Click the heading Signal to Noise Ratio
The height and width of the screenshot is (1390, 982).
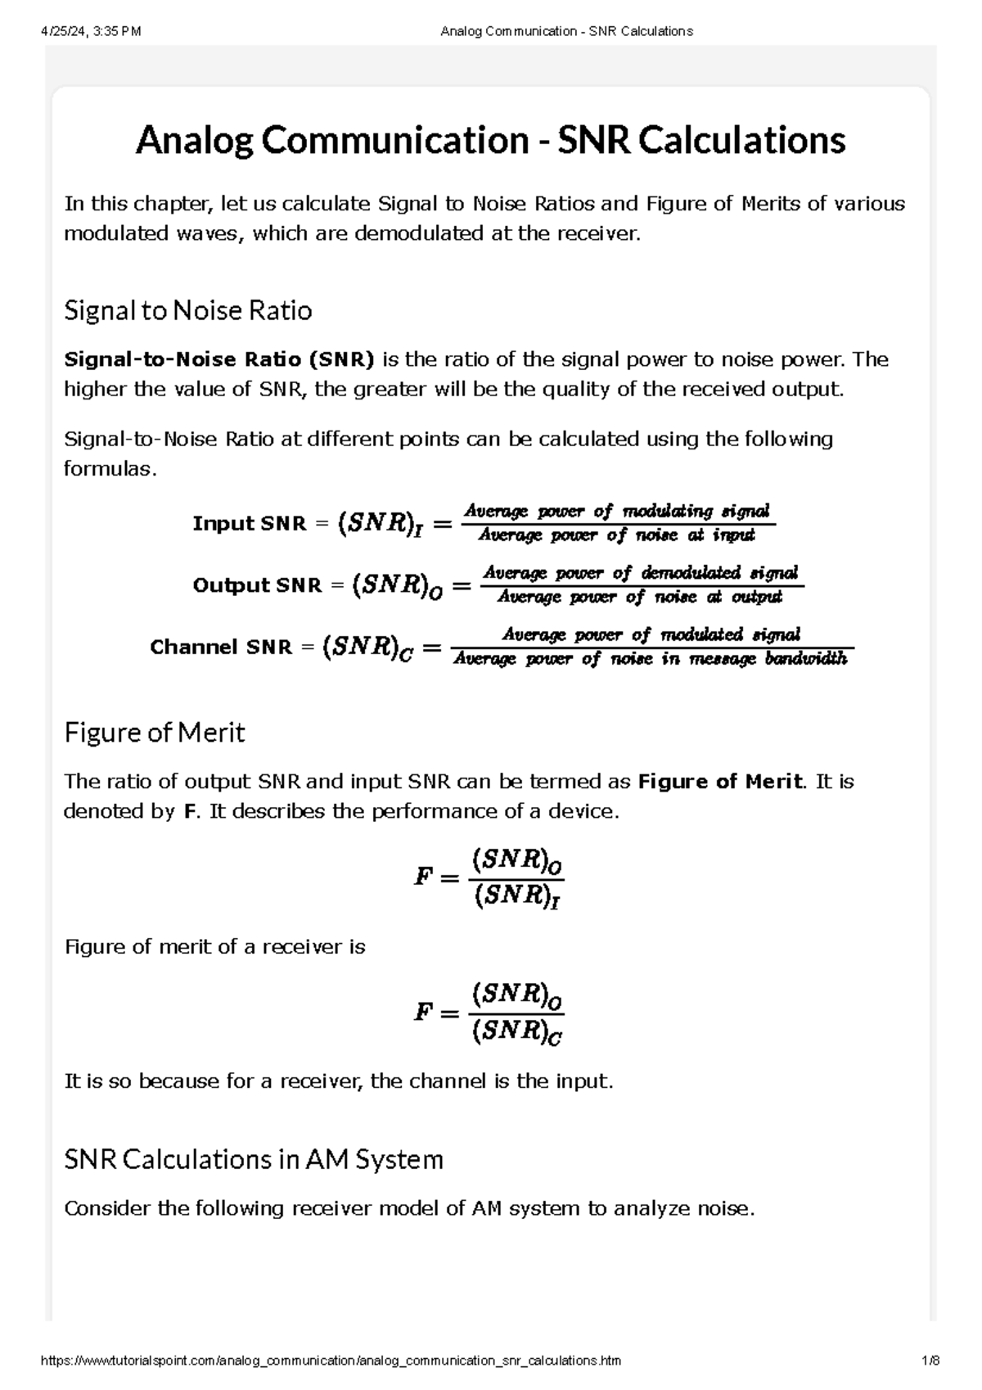click(x=187, y=311)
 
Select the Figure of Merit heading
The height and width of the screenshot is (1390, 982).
click(x=154, y=732)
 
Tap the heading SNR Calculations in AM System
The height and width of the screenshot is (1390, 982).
click(x=253, y=1159)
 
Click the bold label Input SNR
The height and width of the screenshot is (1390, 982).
click(x=246, y=523)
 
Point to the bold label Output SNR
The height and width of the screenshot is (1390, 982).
click(x=257, y=585)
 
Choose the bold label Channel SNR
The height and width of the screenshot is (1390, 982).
click(x=221, y=647)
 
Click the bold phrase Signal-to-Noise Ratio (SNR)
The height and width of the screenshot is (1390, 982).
click(x=218, y=359)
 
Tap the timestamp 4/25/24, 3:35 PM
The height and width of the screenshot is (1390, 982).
click(x=90, y=31)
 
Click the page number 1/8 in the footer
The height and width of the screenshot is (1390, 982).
click(x=930, y=1361)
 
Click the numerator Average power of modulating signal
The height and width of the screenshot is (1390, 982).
click(x=617, y=512)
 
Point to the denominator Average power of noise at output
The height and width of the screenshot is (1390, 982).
click(x=639, y=598)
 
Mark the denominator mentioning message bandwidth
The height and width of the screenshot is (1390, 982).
click(x=651, y=659)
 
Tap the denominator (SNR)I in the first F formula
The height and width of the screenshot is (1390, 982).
click(x=517, y=897)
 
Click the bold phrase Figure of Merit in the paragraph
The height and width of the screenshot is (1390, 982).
click(x=719, y=782)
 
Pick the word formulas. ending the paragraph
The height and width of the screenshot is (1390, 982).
click(x=109, y=469)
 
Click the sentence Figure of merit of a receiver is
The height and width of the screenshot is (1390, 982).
click(x=214, y=947)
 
